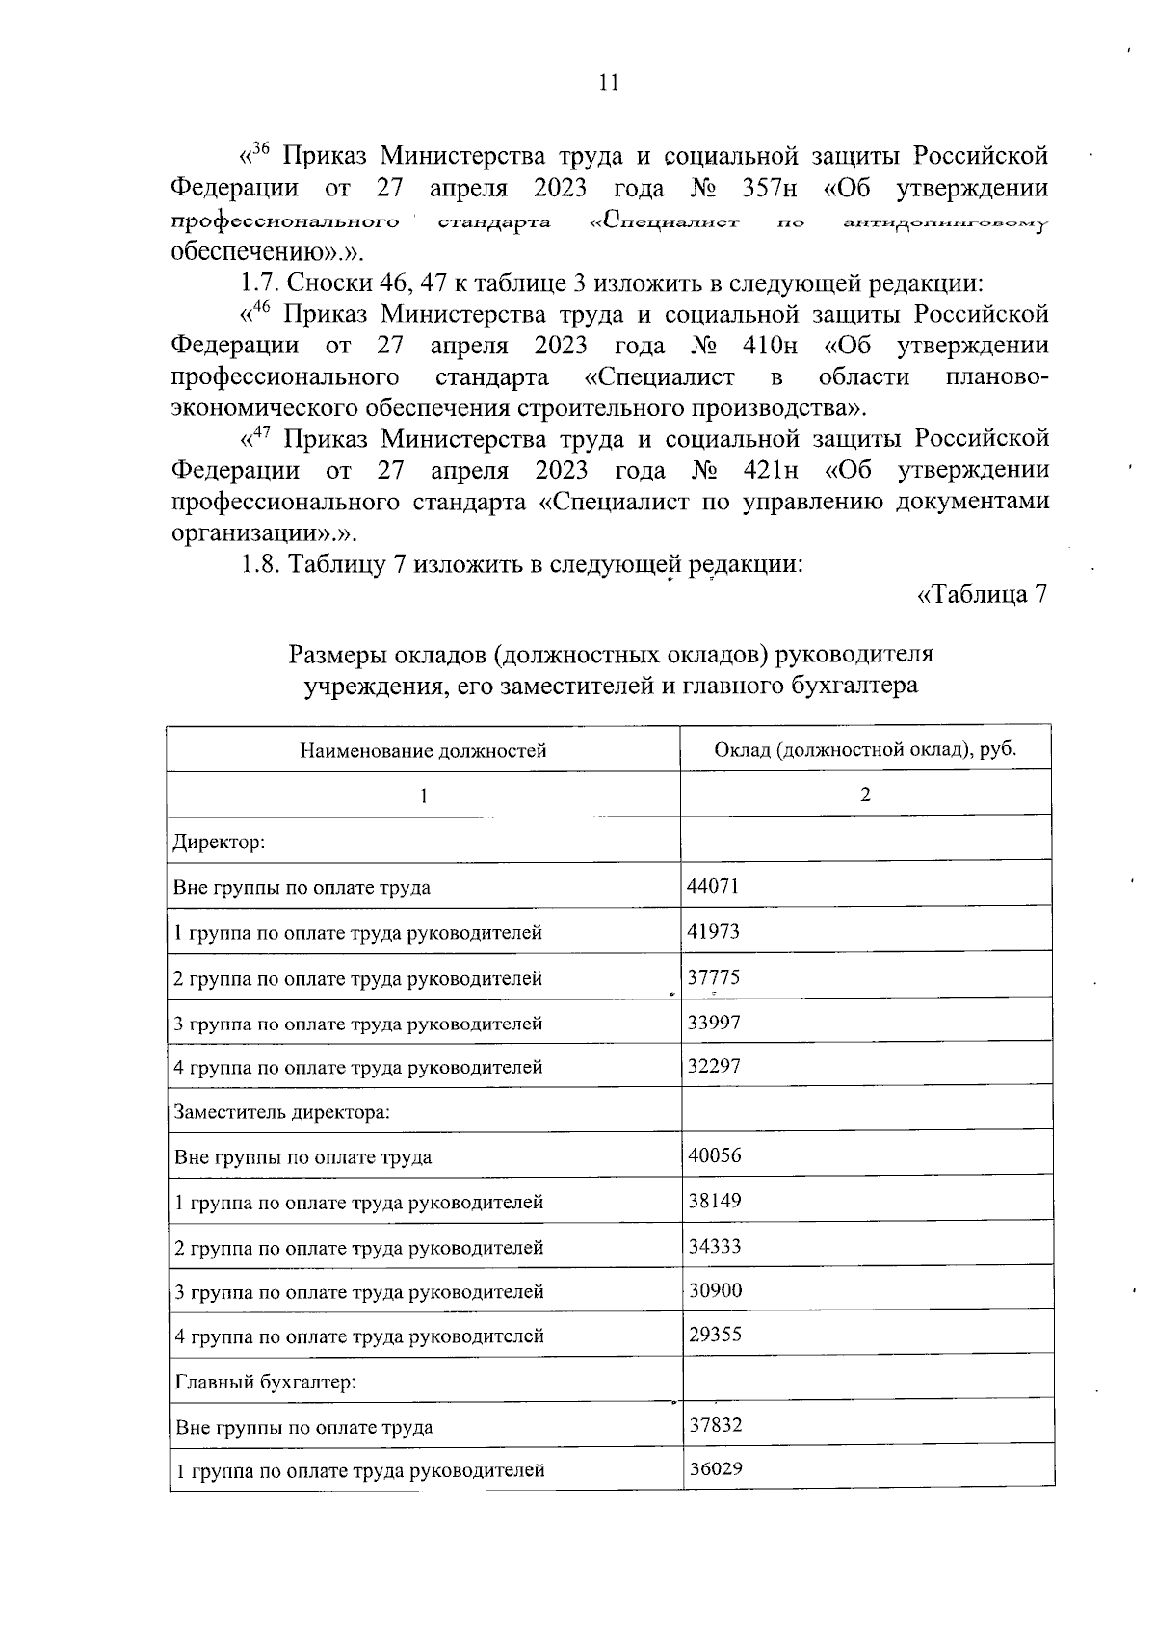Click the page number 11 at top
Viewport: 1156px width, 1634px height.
(608, 83)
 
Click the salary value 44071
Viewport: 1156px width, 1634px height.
(713, 886)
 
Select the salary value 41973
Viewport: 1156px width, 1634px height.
(714, 931)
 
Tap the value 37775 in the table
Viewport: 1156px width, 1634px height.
(714, 977)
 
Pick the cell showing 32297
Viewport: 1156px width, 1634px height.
(714, 1066)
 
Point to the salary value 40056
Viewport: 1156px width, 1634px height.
(715, 1155)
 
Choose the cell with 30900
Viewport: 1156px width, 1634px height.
(715, 1290)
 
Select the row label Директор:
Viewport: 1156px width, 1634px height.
(219, 843)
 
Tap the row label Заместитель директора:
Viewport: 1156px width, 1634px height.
(281, 1112)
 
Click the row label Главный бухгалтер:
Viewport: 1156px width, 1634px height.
(266, 1382)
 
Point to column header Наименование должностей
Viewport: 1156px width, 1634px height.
(423, 750)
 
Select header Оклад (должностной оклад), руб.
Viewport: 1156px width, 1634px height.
(865, 749)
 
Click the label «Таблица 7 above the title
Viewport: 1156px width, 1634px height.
(982, 595)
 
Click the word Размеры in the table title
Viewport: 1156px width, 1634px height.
(338, 655)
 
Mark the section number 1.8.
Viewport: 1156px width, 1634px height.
(258, 564)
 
